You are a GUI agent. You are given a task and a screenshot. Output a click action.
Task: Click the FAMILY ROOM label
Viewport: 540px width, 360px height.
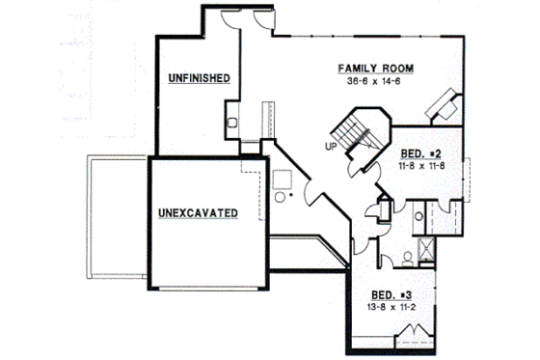(x=375, y=69)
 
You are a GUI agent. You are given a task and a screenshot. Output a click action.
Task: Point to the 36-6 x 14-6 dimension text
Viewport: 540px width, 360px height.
(x=375, y=81)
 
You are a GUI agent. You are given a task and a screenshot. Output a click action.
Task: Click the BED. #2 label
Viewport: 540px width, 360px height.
(x=420, y=154)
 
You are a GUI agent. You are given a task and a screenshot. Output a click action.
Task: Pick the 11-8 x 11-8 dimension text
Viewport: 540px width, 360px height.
(x=420, y=166)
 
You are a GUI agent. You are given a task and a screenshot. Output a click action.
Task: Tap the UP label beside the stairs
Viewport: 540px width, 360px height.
(x=330, y=147)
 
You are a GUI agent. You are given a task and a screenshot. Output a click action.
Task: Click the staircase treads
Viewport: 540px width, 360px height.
(x=357, y=135)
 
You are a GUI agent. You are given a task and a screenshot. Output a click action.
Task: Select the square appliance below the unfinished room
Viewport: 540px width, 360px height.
(x=283, y=179)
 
